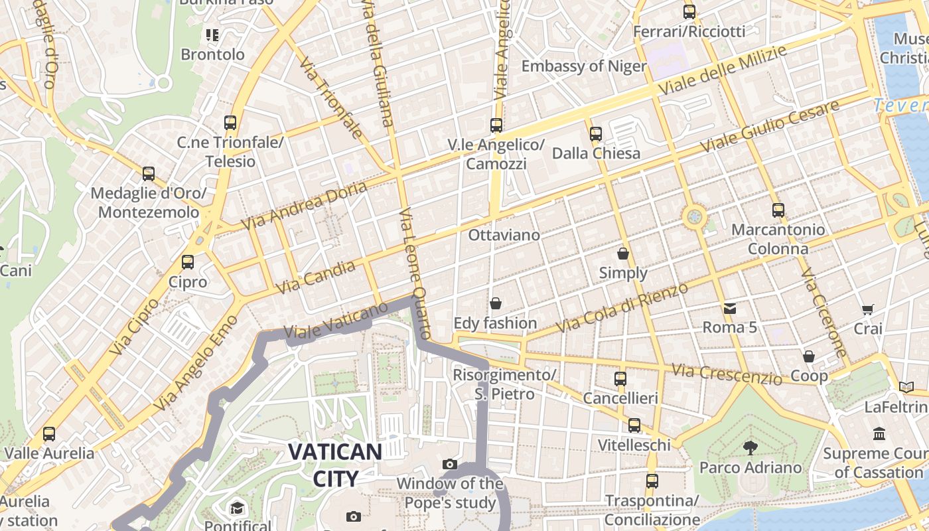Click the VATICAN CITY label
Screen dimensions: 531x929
point(335,465)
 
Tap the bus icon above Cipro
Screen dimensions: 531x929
point(188,262)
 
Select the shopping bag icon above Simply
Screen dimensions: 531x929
point(623,254)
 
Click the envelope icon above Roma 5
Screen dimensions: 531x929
point(730,308)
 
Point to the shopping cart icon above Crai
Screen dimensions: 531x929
point(867,309)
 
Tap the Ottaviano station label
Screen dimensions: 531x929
point(504,235)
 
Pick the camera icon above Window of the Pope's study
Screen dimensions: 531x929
point(450,464)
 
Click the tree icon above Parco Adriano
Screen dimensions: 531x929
point(750,447)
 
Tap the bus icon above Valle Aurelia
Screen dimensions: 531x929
point(49,434)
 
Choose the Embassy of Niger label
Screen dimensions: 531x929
point(583,66)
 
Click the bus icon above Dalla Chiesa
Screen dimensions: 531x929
point(596,134)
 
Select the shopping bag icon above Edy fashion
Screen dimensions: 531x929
point(495,304)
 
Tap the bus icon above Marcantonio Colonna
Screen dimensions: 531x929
point(778,210)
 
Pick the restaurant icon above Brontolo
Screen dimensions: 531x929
point(212,35)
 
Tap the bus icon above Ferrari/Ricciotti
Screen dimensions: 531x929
point(689,11)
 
